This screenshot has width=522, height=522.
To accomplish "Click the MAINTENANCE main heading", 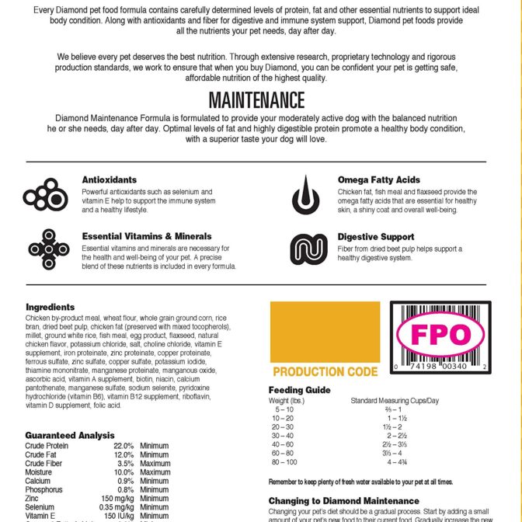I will coord(256,100).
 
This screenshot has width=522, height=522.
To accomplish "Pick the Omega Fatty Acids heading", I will coord(378,180).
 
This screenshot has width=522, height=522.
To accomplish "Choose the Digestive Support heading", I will coord(375,237).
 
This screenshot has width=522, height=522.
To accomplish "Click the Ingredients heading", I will coord(50,308).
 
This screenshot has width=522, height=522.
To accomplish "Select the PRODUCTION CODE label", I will coord(325,372).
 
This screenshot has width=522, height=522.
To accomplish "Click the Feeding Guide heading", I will coord(299,390).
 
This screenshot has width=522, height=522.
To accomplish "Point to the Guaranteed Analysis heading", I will coord(70,435).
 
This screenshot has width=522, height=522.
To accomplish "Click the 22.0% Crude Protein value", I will coord(124,447).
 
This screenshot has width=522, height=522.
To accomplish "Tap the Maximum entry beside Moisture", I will coord(155,472).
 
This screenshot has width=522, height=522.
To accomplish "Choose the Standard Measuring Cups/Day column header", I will coord(395,400).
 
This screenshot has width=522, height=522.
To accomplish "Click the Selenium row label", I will coord(40,507).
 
